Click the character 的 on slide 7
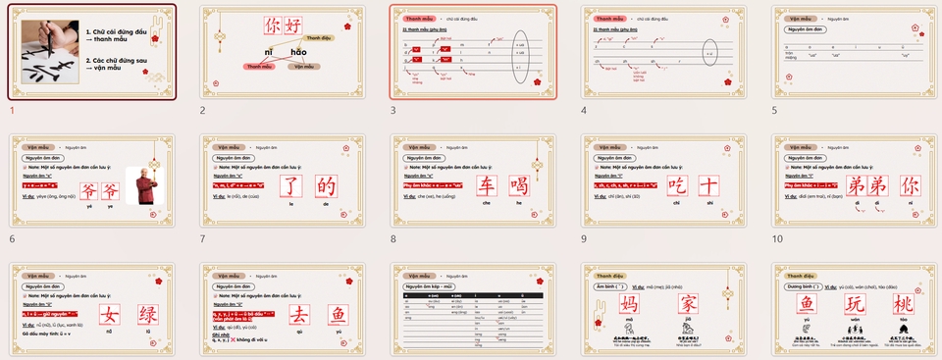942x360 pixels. coord(327,186)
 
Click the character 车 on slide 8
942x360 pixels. coord(483,186)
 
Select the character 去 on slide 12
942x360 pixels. coord(291,316)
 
